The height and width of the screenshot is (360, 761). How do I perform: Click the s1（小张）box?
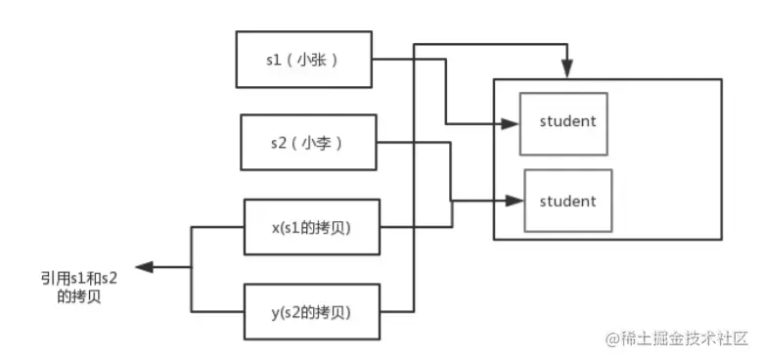point(302,59)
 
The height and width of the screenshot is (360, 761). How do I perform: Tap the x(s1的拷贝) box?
point(310,228)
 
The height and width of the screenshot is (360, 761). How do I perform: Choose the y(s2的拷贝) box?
point(310,312)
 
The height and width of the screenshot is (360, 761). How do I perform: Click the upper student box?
point(562,123)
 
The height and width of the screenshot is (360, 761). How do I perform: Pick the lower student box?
point(567,202)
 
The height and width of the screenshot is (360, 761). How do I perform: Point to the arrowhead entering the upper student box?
point(512,124)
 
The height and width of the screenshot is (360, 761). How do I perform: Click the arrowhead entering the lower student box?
point(515,202)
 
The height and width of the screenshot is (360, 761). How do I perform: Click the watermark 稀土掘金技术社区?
point(685,338)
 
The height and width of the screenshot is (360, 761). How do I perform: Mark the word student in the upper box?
point(567,122)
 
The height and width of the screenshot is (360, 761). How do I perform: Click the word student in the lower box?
point(567,201)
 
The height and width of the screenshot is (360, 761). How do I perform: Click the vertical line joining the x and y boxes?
point(191,269)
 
